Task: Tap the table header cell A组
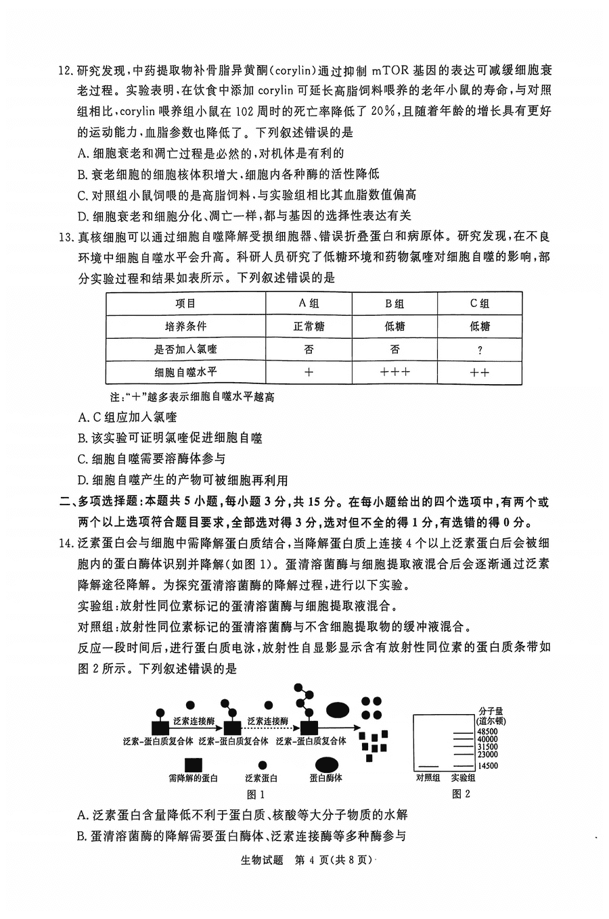(309, 304)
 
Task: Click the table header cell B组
(394, 304)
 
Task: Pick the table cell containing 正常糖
(309, 327)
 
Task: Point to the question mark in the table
(480, 350)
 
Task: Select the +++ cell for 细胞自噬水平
(394, 372)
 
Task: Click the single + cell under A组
(309, 372)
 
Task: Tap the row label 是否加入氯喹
(185, 350)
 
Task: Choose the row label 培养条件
(185, 327)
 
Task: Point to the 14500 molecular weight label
(487, 766)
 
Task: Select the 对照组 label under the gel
(428, 778)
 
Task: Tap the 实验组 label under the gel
(463, 778)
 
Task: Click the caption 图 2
(461, 795)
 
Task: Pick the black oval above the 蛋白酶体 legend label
(326, 764)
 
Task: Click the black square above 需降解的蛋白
(193, 764)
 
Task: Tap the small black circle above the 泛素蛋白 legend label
(261, 765)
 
